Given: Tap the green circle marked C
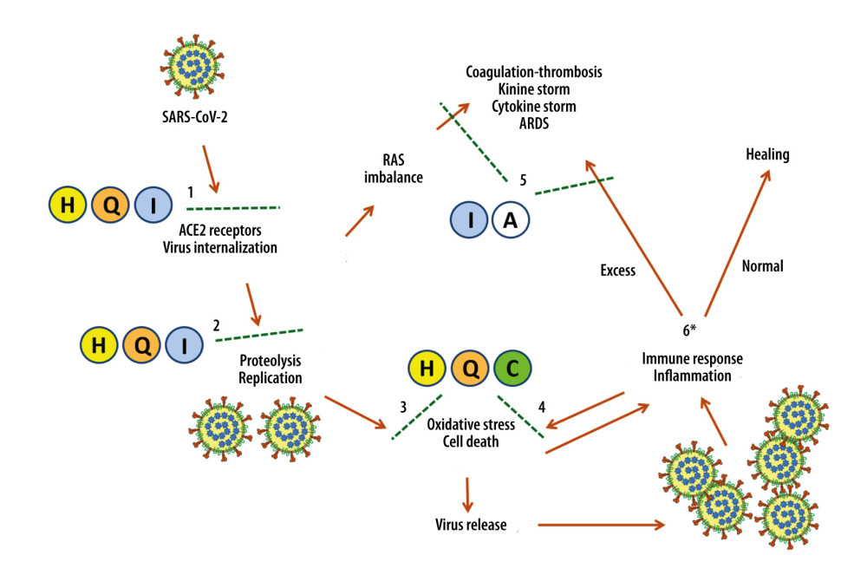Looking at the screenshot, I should (512, 370).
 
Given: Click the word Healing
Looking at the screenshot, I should (767, 154).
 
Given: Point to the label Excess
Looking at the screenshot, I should (617, 271).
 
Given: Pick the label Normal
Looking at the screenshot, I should (763, 266).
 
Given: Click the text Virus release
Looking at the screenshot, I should (471, 525).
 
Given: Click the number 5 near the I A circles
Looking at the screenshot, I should (523, 180).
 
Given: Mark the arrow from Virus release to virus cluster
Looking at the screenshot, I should (602, 525).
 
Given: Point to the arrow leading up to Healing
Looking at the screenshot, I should (737, 244).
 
